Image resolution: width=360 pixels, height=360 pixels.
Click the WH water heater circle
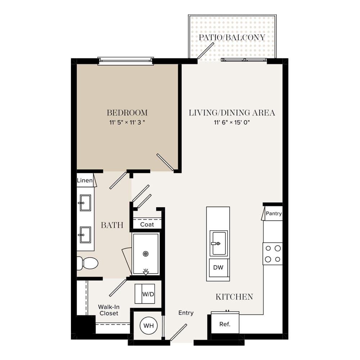149,325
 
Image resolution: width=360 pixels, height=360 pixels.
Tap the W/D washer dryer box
145,294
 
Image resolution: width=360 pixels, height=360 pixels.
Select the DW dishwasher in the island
218,267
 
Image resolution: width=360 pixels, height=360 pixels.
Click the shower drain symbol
145,254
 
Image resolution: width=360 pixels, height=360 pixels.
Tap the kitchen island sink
219,243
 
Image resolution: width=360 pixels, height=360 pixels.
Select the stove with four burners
273,254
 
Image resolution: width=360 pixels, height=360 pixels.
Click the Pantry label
274,213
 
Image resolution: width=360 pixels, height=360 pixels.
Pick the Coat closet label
147,224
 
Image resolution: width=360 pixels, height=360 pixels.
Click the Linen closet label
85,180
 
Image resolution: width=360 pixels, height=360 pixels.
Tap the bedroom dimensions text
127,122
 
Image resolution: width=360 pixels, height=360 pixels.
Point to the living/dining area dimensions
231,122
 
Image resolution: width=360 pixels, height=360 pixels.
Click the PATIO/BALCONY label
232,37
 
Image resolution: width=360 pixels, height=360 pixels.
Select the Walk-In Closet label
109,310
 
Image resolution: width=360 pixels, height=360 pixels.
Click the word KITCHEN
234,297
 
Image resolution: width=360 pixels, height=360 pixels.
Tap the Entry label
186,313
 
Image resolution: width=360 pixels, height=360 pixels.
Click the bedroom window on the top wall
126,61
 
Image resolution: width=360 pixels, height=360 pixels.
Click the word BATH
112,225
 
